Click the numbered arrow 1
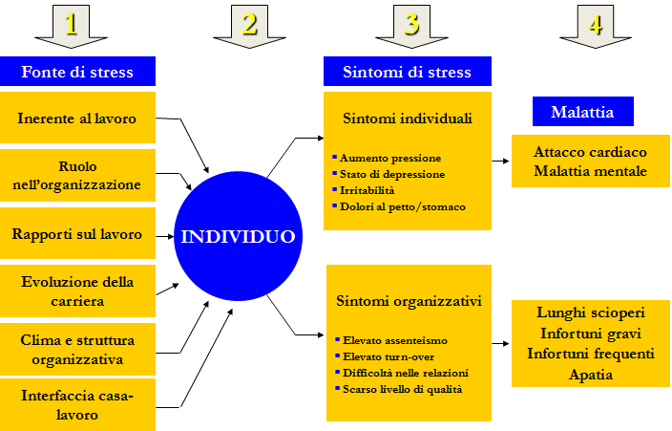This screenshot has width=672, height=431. point(72,26)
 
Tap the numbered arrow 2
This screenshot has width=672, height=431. point(249,26)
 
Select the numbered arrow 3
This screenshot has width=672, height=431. point(411,26)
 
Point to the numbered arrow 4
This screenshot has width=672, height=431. point(596,26)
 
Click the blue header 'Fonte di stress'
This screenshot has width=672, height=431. point(77,72)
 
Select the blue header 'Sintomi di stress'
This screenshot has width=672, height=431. point(408,72)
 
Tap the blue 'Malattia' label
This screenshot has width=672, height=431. point(583,111)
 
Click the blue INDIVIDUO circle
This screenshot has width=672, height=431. point(239,236)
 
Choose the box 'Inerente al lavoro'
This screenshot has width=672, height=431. point(77,118)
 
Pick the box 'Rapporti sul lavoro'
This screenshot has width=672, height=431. point(77,233)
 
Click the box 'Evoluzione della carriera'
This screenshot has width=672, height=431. point(77,291)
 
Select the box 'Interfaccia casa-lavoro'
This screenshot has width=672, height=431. point(77,404)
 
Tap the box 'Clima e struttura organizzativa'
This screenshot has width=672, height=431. point(77,350)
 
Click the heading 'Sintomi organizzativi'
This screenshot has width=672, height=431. point(409,301)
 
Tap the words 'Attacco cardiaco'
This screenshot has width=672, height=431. point(590,152)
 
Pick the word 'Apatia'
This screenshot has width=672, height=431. point(591,375)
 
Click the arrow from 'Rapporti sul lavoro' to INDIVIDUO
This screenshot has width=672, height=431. point(165,236)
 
